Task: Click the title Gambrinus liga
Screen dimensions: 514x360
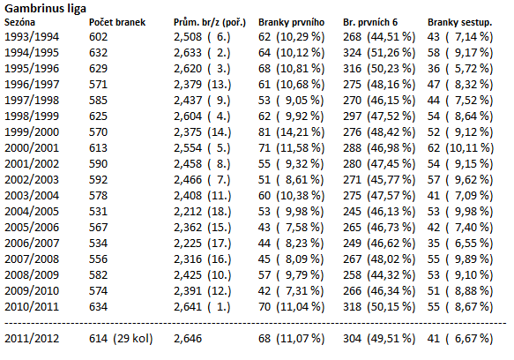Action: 45,9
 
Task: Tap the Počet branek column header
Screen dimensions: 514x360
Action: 117,22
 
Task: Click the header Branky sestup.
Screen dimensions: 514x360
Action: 460,23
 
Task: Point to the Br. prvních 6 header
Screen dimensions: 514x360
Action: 370,23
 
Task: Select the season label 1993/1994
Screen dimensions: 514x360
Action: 32,37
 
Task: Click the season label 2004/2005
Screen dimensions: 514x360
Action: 32,212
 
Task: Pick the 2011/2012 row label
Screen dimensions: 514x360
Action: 32,339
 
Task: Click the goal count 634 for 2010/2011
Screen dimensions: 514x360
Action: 99,307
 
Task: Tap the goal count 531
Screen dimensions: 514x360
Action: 99,212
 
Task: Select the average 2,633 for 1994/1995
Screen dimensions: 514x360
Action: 188,53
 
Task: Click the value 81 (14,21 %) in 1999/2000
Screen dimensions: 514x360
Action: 292,132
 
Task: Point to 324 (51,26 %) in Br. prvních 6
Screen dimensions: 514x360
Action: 379,53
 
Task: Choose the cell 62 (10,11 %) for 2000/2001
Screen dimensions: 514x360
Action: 460,148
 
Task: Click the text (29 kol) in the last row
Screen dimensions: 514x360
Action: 133,339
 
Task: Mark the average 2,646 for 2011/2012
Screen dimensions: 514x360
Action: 188,339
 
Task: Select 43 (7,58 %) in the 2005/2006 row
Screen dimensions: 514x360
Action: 292,228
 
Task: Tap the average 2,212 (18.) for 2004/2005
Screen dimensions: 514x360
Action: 202,212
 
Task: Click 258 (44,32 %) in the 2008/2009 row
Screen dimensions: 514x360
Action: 379,275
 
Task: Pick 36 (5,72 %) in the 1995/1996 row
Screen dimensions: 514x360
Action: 460,69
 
